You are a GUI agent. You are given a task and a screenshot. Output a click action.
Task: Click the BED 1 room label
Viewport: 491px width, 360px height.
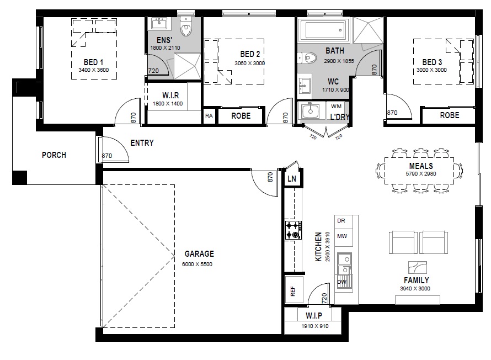click(93, 62)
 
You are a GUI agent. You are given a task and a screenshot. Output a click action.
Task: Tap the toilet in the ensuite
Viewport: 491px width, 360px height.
click(186, 27)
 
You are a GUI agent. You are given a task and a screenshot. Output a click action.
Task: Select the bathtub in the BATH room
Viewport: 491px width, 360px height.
click(323, 30)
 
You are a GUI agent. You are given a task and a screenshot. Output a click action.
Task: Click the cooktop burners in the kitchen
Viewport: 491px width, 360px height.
click(293, 230)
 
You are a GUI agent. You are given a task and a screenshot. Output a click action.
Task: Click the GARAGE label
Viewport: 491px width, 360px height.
click(199, 254)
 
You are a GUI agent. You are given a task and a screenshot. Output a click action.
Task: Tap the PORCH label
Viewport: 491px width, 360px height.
click(54, 155)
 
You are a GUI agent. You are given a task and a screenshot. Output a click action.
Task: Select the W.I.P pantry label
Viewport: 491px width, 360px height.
click(314, 315)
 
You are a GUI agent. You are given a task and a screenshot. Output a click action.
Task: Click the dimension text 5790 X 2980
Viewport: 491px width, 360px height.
click(421, 173)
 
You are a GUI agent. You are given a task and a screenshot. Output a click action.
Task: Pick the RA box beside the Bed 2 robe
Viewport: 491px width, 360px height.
click(209, 115)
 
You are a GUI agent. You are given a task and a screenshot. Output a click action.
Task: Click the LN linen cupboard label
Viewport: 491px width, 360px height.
click(291, 178)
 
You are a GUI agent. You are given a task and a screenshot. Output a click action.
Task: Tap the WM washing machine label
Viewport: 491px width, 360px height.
click(336, 106)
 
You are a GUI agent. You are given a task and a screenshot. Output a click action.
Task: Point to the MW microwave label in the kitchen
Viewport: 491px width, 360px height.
click(342, 236)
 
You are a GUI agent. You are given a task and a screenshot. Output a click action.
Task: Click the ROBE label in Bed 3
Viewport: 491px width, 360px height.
click(450, 115)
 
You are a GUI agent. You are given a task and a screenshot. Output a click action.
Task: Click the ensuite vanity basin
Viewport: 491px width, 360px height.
click(159, 24)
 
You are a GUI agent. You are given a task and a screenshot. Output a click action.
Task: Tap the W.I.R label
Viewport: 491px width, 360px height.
click(170, 96)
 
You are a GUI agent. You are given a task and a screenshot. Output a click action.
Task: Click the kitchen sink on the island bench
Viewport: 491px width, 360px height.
click(344, 264)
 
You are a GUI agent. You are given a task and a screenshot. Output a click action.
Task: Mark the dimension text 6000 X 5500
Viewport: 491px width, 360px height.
click(197, 264)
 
